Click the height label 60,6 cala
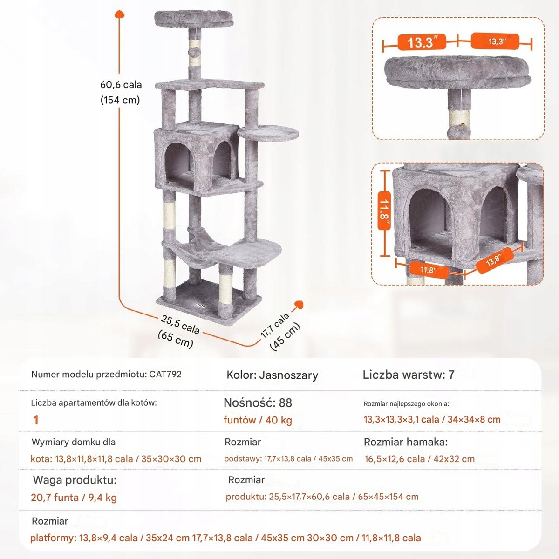point(121,85)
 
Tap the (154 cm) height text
point(120,100)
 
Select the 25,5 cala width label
point(180,324)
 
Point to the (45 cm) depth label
point(285,336)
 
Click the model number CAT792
point(165,374)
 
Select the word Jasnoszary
point(288,375)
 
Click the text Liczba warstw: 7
point(408,375)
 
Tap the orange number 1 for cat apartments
point(36,420)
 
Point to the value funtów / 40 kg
point(258,420)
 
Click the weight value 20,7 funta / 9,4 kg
point(74,498)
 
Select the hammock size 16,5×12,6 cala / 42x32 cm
point(419,459)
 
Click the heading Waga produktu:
point(75,480)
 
